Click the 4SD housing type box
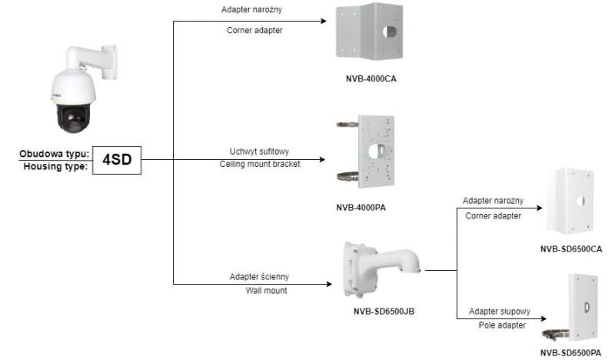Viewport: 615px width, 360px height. (x=117, y=160)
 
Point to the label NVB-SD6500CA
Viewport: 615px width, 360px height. (x=570, y=248)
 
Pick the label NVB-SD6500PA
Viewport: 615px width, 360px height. (x=570, y=352)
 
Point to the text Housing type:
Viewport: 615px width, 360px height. (x=56, y=166)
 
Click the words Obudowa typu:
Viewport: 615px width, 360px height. (x=55, y=154)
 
